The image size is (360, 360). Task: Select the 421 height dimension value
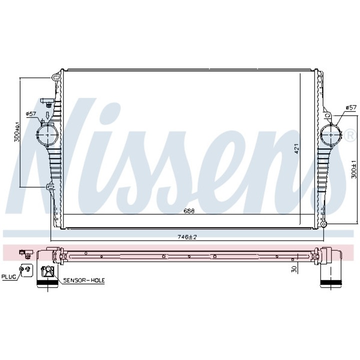tap(296, 148)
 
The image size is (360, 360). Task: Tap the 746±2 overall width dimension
tap(187, 236)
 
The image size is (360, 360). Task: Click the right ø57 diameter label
tap(351, 107)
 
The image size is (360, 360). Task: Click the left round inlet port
tap(46, 134)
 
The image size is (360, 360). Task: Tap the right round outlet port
tap(330, 134)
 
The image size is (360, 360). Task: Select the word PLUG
tap(8, 275)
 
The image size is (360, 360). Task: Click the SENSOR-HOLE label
tap(83, 280)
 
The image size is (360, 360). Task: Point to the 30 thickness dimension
tap(295, 268)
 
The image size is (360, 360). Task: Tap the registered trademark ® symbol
tap(348, 133)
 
